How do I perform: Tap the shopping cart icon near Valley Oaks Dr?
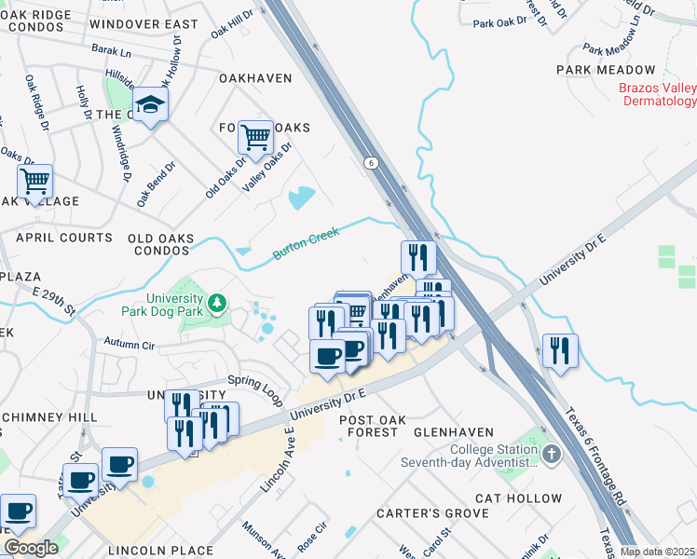(255, 138)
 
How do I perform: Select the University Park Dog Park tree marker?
(216, 302)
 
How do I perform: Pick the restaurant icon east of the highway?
(560, 350)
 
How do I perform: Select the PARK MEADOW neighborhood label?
(606, 70)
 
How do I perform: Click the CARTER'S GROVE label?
(431, 513)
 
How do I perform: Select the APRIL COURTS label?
(64, 238)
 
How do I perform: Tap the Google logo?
(31, 548)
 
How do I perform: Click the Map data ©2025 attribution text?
(657, 552)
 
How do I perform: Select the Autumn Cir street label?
(128, 343)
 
